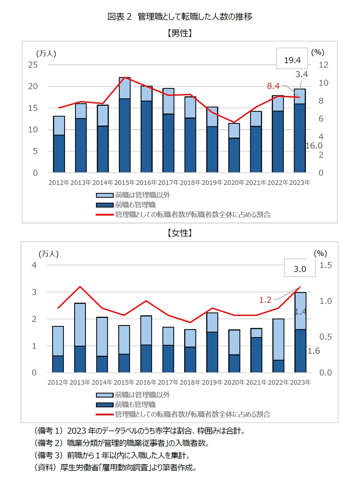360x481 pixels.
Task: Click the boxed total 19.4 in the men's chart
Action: point(292,60)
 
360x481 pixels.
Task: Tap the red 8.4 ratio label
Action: point(273,86)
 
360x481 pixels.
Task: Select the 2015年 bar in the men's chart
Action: point(125,125)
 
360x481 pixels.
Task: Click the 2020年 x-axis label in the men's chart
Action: point(234,183)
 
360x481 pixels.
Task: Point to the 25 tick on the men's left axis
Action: point(33,65)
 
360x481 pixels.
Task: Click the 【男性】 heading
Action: point(180,33)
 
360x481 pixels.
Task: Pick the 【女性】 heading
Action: point(180,233)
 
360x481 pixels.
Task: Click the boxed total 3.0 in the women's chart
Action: point(300,269)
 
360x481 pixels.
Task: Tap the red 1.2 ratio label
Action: point(265,300)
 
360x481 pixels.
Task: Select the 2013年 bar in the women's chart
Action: point(80,338)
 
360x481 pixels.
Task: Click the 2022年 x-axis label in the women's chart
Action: point(278,382)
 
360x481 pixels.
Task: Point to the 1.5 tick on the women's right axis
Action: point(326,265)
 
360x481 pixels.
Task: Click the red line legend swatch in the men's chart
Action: point(105,215)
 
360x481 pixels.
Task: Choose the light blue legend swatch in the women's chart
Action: point(105,395)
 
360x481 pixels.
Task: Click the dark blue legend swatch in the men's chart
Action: point(105,205)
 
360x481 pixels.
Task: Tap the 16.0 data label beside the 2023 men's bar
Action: point(314,146)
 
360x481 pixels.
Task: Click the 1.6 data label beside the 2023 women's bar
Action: point(314,351)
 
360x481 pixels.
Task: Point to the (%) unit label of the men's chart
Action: point(318,52)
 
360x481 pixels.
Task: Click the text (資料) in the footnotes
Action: point(45,468)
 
